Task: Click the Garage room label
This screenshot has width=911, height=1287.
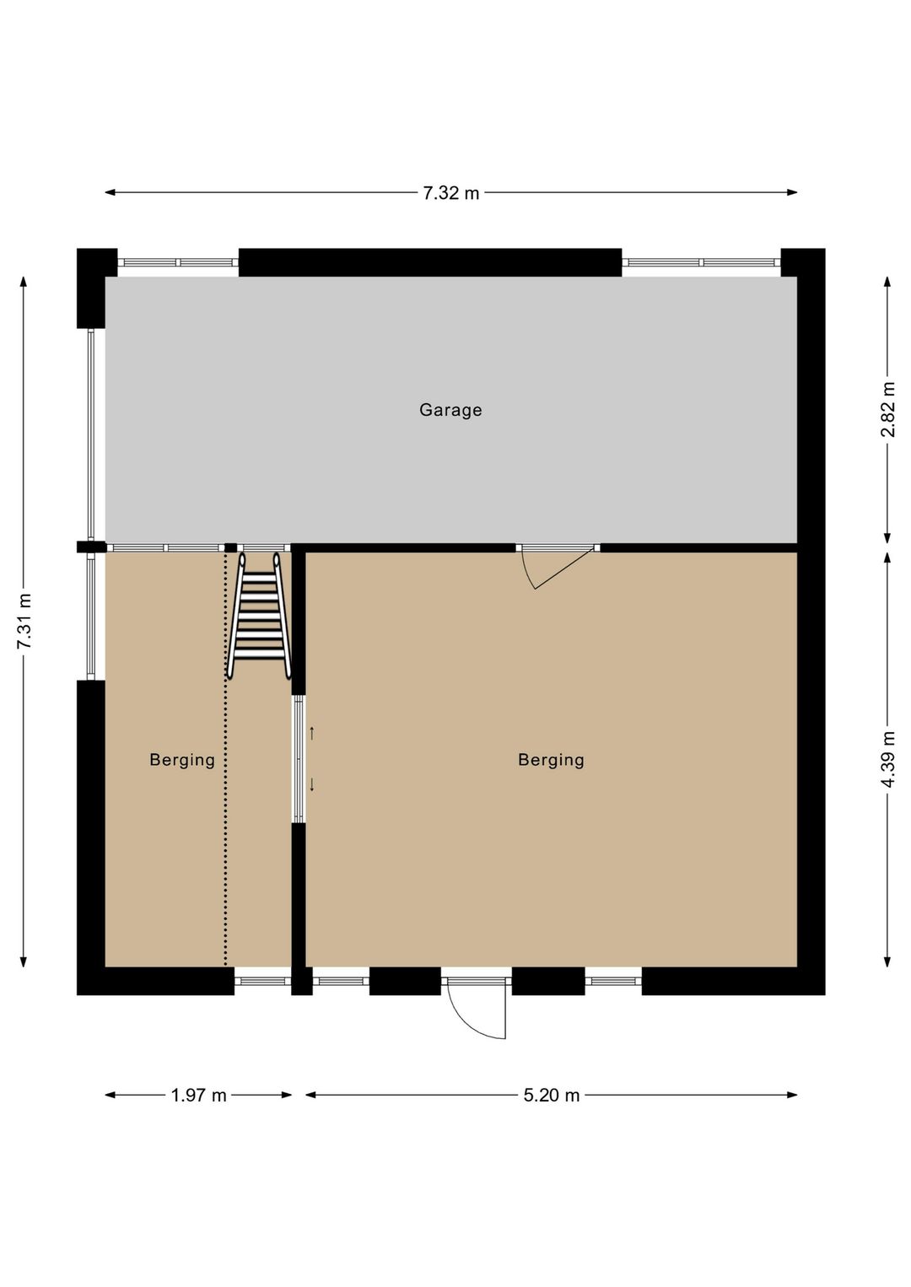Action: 450,410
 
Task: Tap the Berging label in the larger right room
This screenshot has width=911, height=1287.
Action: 551,760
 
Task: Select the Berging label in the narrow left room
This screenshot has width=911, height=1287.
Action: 182,760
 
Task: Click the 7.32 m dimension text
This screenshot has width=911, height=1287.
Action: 450,193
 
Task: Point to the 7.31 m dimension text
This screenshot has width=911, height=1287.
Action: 24,622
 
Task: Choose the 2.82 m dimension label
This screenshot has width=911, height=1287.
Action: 887,410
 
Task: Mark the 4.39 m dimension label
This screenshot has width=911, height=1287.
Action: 887,760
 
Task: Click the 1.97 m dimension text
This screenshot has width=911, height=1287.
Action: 198,1096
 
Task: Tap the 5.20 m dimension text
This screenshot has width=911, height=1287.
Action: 552,1096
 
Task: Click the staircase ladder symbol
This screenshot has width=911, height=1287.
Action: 259,616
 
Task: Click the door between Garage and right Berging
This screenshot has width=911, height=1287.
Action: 557,563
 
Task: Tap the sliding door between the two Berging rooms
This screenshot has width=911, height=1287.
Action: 299,758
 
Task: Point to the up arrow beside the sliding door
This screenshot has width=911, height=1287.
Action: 312,733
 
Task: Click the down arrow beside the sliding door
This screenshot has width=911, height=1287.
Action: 312,785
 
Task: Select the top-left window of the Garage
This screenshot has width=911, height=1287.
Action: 178,262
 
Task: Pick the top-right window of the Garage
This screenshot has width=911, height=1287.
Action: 701,262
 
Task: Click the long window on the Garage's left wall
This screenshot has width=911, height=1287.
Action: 91,434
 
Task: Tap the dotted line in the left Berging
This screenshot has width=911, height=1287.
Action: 225,759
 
